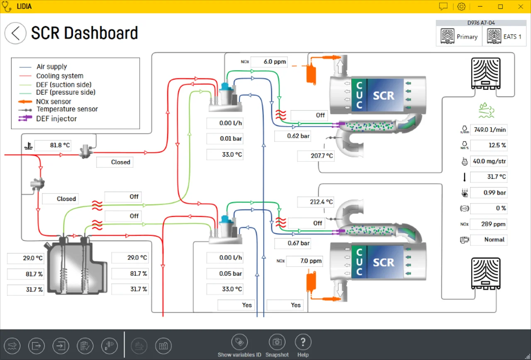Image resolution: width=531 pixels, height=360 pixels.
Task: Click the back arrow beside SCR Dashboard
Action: click(15, 33)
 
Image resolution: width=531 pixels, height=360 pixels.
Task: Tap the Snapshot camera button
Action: click(277, 343)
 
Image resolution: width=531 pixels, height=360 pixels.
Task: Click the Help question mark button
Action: click(303, 343)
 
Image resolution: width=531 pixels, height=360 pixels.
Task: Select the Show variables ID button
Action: click(239, 343)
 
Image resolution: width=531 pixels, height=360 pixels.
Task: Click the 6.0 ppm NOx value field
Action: click(269, 62)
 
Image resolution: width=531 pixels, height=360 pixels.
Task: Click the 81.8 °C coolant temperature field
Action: click(52, 146)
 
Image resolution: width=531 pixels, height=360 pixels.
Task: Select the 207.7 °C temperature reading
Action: click(316, 156)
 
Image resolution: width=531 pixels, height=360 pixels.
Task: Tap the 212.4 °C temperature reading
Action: click(316, 202)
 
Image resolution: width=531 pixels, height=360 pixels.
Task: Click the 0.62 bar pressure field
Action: click(292, 136)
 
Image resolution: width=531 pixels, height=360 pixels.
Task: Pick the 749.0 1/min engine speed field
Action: click(489, 130)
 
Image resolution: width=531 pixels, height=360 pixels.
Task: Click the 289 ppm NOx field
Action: click(489, 224)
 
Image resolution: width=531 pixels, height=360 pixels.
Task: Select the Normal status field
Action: click(489, 240)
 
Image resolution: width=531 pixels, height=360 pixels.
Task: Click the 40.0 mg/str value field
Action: click(489, 161)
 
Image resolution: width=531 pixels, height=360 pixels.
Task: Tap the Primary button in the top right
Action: click(459, 37)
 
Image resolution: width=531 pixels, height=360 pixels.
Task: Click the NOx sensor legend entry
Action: click(54, 102)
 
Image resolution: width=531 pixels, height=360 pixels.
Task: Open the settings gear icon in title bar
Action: click(461, 7)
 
